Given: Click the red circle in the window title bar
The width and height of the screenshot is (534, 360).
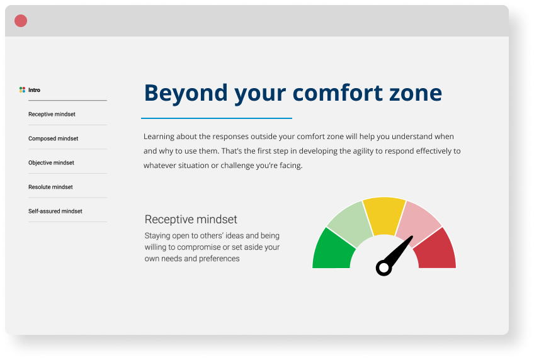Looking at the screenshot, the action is click(x=21, y=21).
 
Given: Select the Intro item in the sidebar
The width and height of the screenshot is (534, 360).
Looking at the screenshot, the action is click(x=34, y=90).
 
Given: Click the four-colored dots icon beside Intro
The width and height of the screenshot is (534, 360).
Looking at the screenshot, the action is click(x=22, y=90).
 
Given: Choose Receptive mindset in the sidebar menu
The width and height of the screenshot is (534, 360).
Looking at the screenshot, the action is click(x=52, y=115).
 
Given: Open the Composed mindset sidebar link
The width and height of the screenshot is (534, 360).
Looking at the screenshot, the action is click(x=53, y=138).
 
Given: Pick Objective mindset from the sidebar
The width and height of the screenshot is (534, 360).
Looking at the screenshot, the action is click(x=51, y=162).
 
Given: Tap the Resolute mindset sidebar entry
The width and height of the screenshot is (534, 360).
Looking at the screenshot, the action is click(x=50, y=187).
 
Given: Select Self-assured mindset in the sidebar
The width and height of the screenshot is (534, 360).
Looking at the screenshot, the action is click(x=55, y=211).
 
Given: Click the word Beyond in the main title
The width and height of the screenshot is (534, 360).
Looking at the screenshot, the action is click(x=186, y=93).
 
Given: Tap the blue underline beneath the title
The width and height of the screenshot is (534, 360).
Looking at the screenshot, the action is click(x=217, y=118).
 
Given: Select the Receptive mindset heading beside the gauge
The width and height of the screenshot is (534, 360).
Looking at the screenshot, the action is click(x=191, y=220).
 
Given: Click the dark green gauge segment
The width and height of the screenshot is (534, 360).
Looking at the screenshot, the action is click(x=331, y=251).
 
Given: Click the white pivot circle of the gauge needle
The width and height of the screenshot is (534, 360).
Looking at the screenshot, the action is click(x=384, y=267).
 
